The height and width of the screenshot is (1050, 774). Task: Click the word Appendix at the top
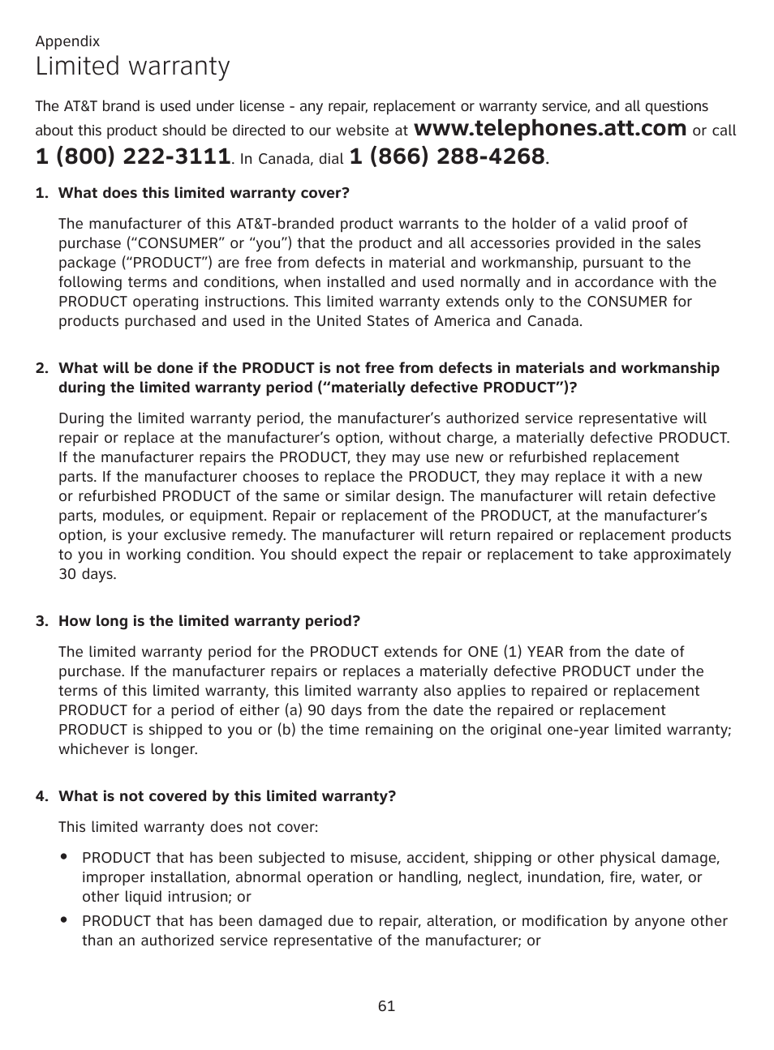click(67, 41)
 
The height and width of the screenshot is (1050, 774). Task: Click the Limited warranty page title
click(132, 66)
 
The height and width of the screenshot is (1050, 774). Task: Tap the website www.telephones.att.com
click(550, 128)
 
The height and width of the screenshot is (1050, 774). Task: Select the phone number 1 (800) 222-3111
click(132, 157)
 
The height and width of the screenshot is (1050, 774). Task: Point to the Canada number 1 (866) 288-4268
click(446, 157)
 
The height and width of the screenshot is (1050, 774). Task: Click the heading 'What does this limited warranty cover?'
click(204, 193)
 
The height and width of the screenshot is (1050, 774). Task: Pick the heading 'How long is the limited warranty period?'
click(209, 621)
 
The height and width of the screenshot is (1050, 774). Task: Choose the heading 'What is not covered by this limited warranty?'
click(227, 796)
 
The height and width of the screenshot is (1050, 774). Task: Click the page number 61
click(386, 1006)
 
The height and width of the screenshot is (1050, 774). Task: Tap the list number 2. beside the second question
click(42, 368)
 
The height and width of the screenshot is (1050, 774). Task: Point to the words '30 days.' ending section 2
click(88, 574)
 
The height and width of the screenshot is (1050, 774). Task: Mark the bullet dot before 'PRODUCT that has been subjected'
click(63, 856)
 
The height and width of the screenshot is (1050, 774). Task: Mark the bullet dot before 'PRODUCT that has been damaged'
click(63, 919)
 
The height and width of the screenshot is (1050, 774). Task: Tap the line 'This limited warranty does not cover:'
click(188, 827)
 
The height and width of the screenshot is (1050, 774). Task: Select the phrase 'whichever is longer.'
click(128, 749)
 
